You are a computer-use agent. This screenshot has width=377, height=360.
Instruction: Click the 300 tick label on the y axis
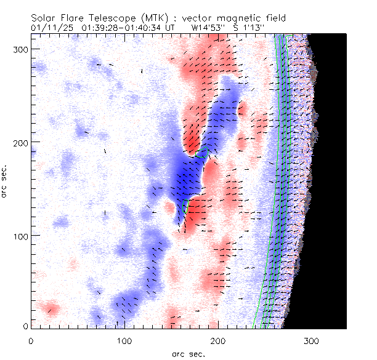(20, 49)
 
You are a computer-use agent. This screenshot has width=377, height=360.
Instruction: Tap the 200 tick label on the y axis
(20, 142)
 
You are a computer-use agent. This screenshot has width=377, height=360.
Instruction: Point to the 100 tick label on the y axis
(20, 236)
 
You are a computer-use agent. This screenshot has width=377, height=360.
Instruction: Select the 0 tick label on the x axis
(31, 340)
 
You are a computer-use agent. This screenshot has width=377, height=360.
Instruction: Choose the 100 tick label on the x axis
(124, 340)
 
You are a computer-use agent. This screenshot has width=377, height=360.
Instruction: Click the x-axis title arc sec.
(188, 353)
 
